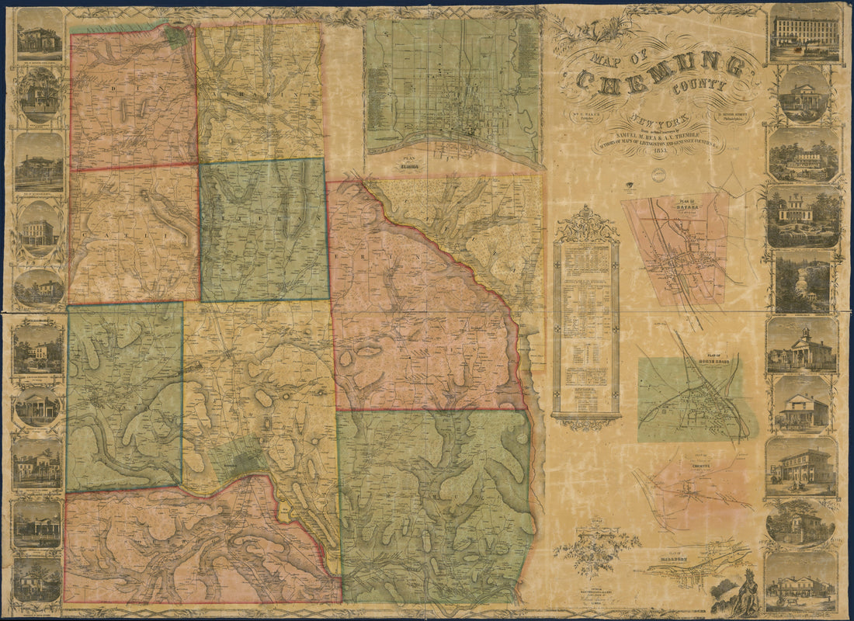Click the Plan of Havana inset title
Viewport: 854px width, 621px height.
[x=685, y=207]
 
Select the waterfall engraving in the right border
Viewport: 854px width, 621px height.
[x=803, y=281]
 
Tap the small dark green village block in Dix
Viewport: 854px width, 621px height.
[x=175, y=36]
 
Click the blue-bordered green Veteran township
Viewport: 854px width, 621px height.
[x=264, y=230]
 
